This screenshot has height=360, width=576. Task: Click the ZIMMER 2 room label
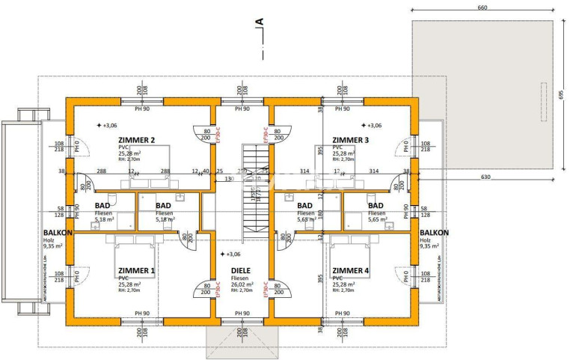point(136,140)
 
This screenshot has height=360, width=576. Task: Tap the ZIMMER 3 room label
point(351,140)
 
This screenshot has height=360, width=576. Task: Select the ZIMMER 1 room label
point(136,271)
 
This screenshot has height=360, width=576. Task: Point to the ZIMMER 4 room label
point(351,271)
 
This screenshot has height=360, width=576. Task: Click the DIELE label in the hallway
point(240,271)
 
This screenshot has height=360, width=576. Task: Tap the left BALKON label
point(57,233)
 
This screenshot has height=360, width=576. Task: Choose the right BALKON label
point(433,233)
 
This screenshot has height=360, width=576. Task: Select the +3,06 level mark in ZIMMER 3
point(372,126)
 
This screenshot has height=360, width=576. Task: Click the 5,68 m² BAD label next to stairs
point(304,206)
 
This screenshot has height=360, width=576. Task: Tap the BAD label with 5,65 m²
point(376,206)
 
